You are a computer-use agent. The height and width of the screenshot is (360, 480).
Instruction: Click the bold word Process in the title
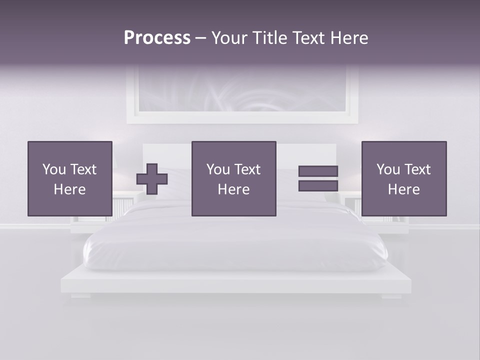[x=157, y=37]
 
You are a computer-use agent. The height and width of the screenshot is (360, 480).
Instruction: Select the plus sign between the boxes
[x=152, y=179]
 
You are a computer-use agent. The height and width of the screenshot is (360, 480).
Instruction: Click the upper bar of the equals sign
[x=318, y=171]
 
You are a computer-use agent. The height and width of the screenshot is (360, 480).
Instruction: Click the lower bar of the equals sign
[x=318, y=186]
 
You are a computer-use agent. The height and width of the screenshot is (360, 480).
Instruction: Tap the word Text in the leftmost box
[x=83, y=169]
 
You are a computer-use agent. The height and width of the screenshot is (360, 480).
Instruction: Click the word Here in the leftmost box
[x=69, y=189]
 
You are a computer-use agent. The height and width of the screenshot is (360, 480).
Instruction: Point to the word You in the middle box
[x=218, y=169]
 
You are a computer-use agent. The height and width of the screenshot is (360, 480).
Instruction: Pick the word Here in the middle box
[x=233, y=189]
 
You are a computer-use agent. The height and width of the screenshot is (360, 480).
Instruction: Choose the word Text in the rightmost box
[x=417, y=169]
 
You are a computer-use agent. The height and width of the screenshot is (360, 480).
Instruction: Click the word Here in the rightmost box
[x=403, y=189]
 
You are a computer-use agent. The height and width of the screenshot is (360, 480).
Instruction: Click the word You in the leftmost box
[x=54, y=169]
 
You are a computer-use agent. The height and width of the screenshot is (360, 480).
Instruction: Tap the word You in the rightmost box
[x=388, y=169]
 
